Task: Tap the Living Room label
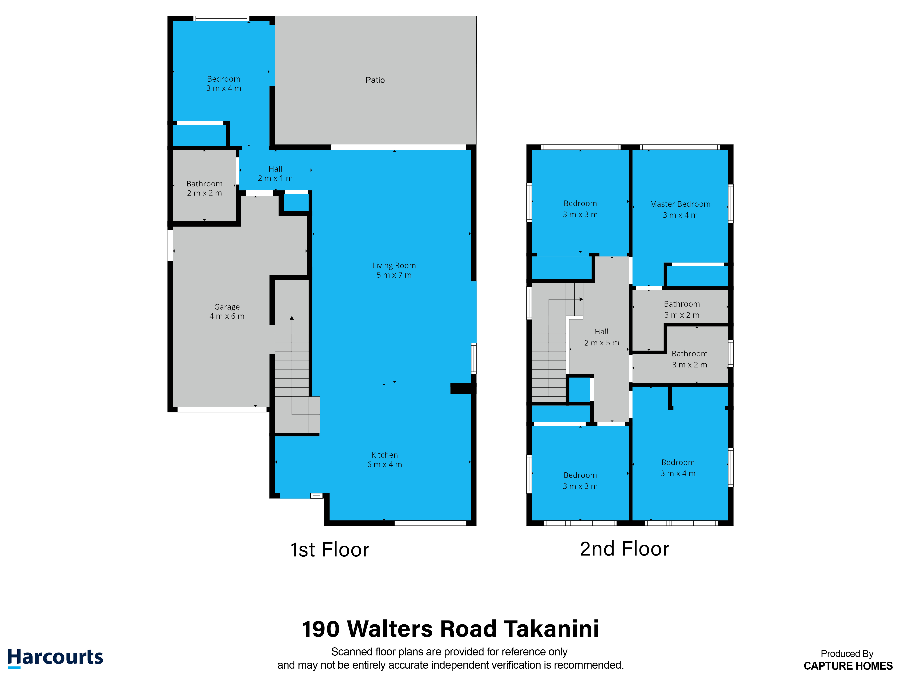pos(394,266)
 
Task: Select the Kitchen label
pos(385,455)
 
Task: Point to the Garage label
pos(227,307)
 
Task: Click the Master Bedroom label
pos(680,204)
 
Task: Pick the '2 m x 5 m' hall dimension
pos(602,343)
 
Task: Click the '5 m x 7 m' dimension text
pos(394,275)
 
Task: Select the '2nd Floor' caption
pos(624,549)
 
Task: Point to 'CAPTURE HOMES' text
pos(848,666)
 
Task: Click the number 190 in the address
pos(321,629)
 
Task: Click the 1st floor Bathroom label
pos(205,184)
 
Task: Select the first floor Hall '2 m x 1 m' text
pos(275,178)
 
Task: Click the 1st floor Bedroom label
pos(224,79)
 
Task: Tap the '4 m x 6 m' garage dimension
pos(227,316)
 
